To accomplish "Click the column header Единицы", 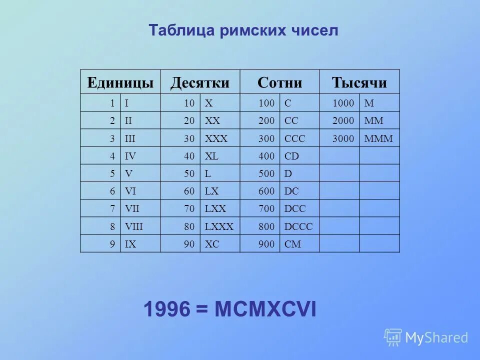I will point(120,82).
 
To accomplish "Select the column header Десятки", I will point(199,82).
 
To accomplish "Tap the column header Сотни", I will point(279,82).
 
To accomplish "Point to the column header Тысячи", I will point(359,82).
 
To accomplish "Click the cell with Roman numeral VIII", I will point(134,226).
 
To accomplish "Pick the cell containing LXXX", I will point(219,226).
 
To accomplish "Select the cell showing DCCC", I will point(298,226).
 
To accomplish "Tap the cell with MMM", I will point(379,138).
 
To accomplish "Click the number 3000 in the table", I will point(343,138).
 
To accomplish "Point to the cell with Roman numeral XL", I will point(211,156).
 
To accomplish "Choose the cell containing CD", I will point(291,156).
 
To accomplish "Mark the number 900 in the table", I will point(266,244).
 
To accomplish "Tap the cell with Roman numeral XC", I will point(211,244).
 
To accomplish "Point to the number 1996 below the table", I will point(167,309).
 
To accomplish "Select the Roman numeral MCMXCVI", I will point(265,309).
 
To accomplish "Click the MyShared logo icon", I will point(393,337).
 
